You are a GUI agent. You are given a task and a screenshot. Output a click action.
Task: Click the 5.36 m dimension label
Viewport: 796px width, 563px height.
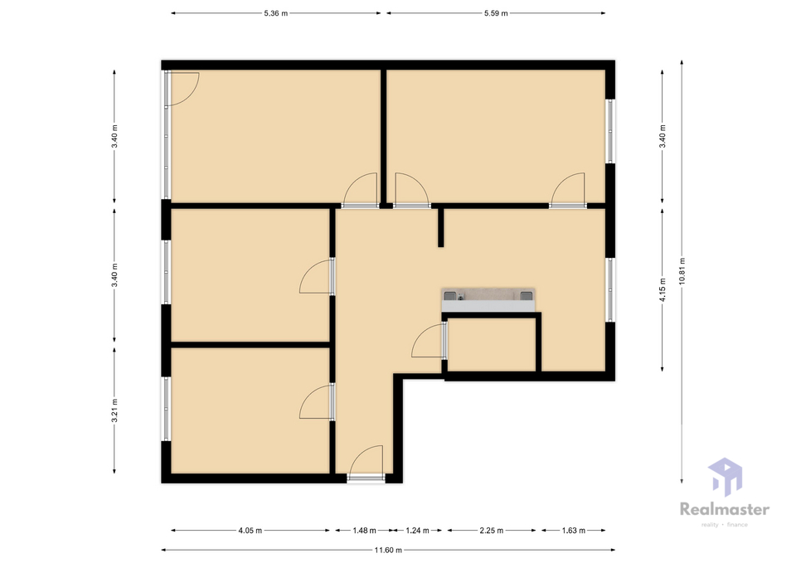(x=275, y=13)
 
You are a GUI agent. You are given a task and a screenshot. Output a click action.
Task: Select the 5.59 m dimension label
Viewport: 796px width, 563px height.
(x=496, y=13)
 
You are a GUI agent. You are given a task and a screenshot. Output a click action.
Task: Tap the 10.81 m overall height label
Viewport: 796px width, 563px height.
(x=682, y=271)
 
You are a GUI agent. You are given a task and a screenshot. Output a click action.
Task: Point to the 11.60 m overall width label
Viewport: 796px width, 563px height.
(x=388, y=550)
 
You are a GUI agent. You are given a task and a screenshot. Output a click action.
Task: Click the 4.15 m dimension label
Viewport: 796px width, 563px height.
(x=663, y=289)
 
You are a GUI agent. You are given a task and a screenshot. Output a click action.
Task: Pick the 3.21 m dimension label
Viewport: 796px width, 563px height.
(x=114, y=410)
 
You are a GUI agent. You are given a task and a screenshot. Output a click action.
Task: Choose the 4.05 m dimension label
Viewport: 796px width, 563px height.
(x=250, y=531)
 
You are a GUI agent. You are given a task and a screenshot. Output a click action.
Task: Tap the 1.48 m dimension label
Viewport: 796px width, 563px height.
(x=365, y=531)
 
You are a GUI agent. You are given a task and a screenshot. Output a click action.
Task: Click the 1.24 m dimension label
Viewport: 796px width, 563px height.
(x=417, y=531)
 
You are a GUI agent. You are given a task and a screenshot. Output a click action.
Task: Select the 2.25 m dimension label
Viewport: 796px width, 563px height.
(x=492, y=531)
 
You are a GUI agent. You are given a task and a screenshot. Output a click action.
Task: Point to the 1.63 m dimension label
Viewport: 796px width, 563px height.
(x=573, y=531)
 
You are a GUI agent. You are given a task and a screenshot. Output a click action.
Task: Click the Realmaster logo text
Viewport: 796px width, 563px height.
(x=725, y=509)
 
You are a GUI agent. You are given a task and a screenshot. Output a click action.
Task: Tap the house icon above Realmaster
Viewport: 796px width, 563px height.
(x=725, y=477)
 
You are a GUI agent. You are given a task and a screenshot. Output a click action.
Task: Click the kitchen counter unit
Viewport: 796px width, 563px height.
(x=488, y=300)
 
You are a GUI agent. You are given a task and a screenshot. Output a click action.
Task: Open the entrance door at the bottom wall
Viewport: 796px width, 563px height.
(x=366, y=462)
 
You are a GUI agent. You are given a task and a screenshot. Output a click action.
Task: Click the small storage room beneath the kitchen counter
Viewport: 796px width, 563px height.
(x=492, y=345)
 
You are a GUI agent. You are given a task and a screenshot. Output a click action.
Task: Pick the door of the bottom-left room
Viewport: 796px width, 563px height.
(x=317, y=401)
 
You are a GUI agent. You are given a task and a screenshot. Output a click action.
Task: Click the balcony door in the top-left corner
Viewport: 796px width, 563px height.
(x=182, y=89)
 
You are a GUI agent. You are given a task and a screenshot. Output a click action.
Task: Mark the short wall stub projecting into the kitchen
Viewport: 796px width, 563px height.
(x=440, y=226)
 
